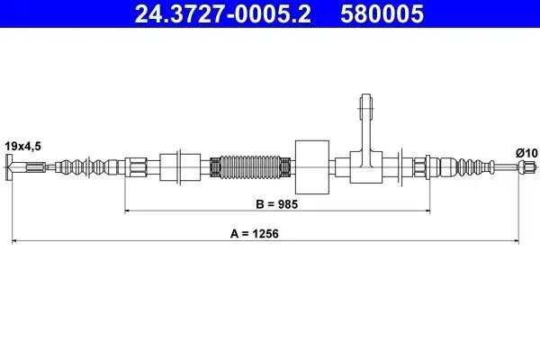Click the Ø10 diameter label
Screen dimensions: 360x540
(526, 153)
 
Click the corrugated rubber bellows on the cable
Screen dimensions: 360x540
(250, 166)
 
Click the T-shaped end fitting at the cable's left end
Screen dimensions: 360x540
(13, 166)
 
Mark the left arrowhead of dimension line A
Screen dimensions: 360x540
(13, 241)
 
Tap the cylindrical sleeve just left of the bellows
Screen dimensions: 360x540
(178, 166)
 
